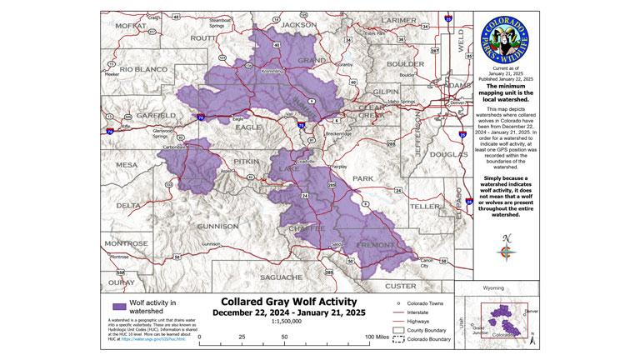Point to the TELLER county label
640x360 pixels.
click(x=423, y=205)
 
